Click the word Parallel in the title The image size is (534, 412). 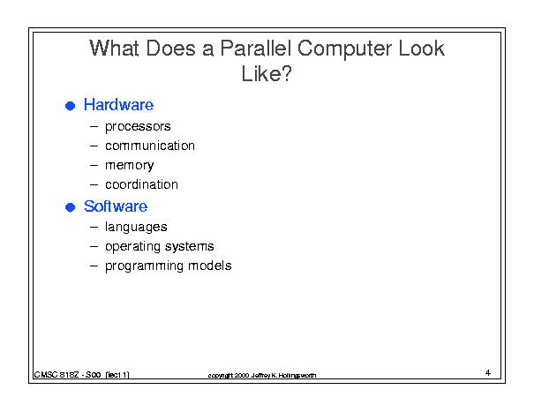click(255, 48)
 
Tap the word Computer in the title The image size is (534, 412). click(344, 49)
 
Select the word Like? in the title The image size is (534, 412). click(267, 73)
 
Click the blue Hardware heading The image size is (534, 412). click(118, 104)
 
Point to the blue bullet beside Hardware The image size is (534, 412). click(70, 106)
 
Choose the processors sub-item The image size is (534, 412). click(138, 127)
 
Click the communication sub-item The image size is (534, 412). click(150, 146)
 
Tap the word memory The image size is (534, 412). click(130, 166)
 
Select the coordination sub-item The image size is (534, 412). click(141, 184)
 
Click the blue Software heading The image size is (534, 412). click(116, 206)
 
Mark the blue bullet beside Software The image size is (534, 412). click(70, 207)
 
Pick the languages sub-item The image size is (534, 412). click(136, 227)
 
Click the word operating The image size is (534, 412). click(132, 246)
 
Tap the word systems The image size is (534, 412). click(190, 246)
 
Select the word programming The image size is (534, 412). click(144, 266)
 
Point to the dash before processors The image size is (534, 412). click(94, 127)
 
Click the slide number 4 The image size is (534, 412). click(488, 372)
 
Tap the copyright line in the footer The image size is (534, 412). click(262, 375)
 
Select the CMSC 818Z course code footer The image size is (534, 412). click(81, 375)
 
